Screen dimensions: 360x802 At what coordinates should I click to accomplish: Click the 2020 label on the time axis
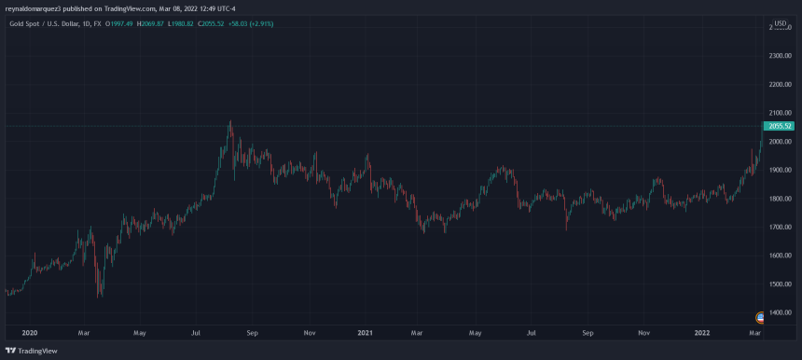[x=28, y=331]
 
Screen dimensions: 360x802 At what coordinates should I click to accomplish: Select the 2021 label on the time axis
[x=366, y=331]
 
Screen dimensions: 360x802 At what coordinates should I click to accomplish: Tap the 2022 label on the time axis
[x=702, y=331]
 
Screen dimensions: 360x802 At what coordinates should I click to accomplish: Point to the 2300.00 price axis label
[x=780, y=56]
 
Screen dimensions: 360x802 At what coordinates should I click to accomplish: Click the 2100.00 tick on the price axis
[x=780, y=85]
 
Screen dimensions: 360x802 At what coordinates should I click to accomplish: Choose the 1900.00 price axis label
[x=780, y=170]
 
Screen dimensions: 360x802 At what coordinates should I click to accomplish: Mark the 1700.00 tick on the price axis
[x=780, y=227]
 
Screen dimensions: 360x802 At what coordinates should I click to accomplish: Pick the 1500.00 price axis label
[x=780, y=284]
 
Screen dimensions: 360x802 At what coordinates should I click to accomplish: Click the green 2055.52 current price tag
[x=780, y=126]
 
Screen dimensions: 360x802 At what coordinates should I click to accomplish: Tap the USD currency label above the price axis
[x=781, y=22]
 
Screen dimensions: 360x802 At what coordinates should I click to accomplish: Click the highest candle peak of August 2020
[x=229, y=122]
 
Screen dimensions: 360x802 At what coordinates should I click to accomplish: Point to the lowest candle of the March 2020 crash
[x=99, y=297]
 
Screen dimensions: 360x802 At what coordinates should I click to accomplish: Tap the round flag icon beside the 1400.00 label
[x=761, y=318]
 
